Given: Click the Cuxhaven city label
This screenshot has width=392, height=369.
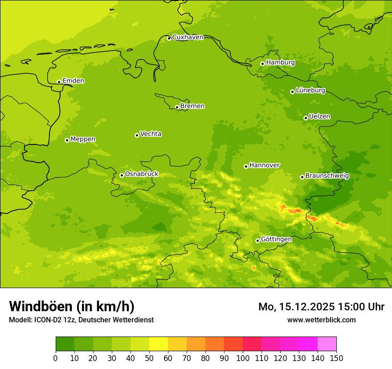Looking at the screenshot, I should click(188, 37).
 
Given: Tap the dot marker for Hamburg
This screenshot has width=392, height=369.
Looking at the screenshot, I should click(262, 64).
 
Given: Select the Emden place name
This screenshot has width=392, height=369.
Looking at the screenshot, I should click(73, 81).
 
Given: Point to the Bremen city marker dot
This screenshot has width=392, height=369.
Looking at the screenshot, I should click(177, 107).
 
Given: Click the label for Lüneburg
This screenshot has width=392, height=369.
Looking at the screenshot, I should click(310, 90).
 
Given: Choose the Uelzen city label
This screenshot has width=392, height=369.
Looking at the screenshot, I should click(319, 116).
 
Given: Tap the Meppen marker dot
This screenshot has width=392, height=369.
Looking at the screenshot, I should click(67, 140).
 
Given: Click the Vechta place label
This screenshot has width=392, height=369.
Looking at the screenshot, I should click(151, 134).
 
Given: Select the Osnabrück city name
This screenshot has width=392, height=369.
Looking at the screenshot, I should click(142, 174).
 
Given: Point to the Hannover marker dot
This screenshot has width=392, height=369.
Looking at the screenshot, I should click(246, 166).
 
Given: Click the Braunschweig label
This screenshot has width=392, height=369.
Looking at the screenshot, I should click(327, 176).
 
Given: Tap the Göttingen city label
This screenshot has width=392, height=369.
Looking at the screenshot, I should click(276, 239).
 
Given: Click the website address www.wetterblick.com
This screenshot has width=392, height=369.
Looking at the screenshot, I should click(321, 320).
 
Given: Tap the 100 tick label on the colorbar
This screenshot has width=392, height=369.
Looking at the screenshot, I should click(243, 358).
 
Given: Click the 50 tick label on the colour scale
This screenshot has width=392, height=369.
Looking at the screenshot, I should click(149, 358).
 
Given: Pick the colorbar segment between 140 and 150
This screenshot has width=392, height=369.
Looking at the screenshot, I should click(327, 344).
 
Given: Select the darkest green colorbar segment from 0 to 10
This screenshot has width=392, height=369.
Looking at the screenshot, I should click(65, 344).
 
